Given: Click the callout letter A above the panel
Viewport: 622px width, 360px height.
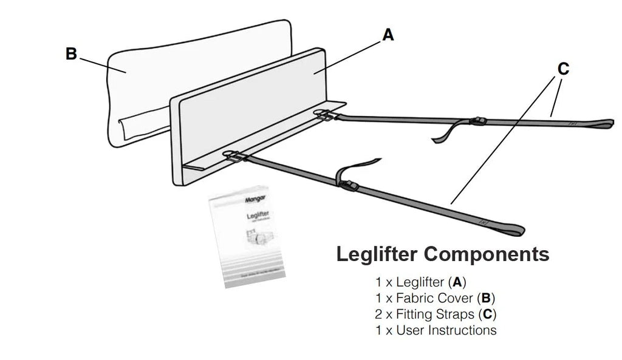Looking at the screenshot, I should [x=388, y=35].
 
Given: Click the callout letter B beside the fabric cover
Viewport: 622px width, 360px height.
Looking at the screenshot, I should [x=71, y=54].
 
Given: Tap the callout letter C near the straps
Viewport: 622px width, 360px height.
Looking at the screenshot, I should [x=563, y=70].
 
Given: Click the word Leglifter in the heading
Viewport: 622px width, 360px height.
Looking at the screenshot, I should [x=377, y=254].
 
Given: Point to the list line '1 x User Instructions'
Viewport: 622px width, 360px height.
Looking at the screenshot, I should [x=436, y=331].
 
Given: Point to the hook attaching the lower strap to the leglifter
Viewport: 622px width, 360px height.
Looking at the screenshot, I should [x=233, y=156].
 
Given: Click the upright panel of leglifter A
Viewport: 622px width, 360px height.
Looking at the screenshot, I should [x=249, y=109].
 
